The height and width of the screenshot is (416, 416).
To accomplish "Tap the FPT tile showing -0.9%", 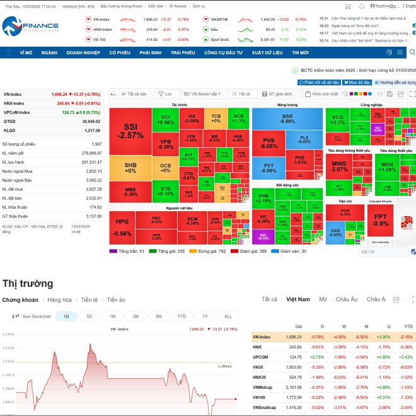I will (x=380, y=220).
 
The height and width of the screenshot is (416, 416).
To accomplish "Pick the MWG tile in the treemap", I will (x=339, y=166).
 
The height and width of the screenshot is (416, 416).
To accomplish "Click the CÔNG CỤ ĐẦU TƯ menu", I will (x=223, y=53).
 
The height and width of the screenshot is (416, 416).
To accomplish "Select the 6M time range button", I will (x=158, y=316).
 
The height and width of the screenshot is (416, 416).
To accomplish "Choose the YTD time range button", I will (x=182, y=316).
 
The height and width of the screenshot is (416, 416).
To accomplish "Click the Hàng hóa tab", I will (x=59, y=300).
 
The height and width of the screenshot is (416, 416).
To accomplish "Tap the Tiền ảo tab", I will (x=116, y=300).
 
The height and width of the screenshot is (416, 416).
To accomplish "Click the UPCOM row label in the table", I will (x=261, y=357).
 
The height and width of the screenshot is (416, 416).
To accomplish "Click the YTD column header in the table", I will (x=408, y=326).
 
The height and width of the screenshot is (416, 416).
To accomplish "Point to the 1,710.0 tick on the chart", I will (x=8, y=362).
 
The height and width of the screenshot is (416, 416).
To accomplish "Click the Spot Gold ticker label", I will (x=219, y=39).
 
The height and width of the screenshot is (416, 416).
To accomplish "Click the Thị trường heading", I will (x=28, y=283).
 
